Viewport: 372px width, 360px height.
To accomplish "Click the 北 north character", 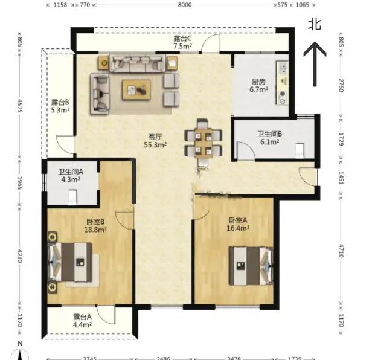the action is point(315,24).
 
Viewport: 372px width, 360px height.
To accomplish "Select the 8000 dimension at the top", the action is point(185,5).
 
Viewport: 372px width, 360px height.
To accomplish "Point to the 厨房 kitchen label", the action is point(258,82).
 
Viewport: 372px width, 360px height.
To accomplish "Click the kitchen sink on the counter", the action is point(283,68).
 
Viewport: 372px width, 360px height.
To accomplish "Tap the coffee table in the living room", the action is point(136,90).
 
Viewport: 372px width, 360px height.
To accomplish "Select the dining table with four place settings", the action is point(204,143).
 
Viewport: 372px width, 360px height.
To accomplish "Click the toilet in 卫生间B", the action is point(300,150).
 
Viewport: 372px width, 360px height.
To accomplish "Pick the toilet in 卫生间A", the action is point(73,197).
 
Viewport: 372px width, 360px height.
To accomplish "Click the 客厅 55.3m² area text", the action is point(155,141).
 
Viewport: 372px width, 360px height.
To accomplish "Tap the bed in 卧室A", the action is point(251,266).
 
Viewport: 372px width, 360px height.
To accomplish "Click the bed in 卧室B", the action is point(70,262).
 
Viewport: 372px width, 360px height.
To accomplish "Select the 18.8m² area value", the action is point(95,230).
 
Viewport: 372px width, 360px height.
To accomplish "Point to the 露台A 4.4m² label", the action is point(82,321).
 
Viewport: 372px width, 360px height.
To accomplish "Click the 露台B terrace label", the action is point(60,103).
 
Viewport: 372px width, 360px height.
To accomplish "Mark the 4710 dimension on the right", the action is point(341,251).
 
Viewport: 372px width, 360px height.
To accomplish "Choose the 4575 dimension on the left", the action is point(20,106).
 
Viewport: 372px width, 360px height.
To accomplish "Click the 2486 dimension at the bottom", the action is point(163,358).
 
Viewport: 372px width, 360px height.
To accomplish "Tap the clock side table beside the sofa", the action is point(104,63).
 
